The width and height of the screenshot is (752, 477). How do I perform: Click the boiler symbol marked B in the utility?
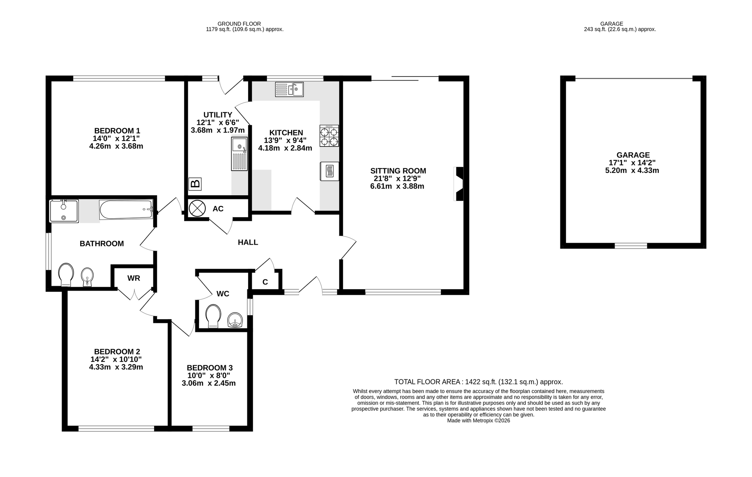tap(195, 183)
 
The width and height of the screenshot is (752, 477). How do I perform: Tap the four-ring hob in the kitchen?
tap(329, 136)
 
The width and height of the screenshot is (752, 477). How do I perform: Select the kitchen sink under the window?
tap(289, 89)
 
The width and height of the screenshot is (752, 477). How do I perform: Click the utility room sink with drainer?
tap(240, 154)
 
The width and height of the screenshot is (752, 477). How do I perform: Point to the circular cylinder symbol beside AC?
tap(197, 208)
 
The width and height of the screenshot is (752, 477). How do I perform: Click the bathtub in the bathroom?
tap(126, 210)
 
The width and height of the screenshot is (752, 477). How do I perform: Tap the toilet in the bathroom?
tap(66, 275)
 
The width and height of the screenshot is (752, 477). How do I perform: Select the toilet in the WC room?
tap(213, 316)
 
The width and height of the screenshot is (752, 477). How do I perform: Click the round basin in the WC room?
tap(235, 320)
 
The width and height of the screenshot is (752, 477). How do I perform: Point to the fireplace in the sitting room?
tap(459, 184)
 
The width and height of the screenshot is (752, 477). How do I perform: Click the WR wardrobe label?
tap(134, 278)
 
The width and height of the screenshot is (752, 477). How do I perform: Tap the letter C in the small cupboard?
tap(265, 282)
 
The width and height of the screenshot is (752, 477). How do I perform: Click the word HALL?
tap(248, 242)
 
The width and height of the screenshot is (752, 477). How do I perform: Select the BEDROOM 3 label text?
tap(210, 367)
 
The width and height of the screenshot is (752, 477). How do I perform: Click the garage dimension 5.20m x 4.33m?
tap(632, 171)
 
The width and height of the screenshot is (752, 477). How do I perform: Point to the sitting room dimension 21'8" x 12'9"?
tap(397, 179)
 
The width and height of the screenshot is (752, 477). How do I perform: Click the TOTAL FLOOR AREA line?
tap(479, 382)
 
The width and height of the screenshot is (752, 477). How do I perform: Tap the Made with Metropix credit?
tap(479, 421)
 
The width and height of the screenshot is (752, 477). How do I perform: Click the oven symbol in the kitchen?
tap(329, 171)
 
